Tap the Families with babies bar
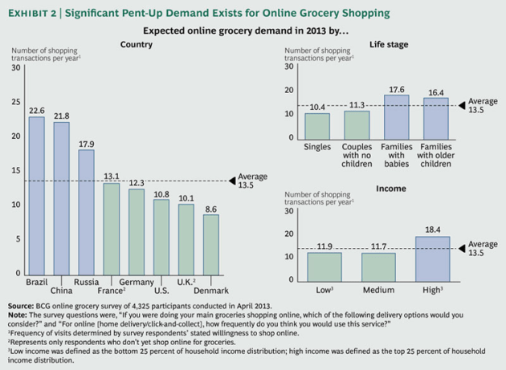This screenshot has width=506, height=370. pos(396,116)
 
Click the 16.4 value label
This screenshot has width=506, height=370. pos(435,92)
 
